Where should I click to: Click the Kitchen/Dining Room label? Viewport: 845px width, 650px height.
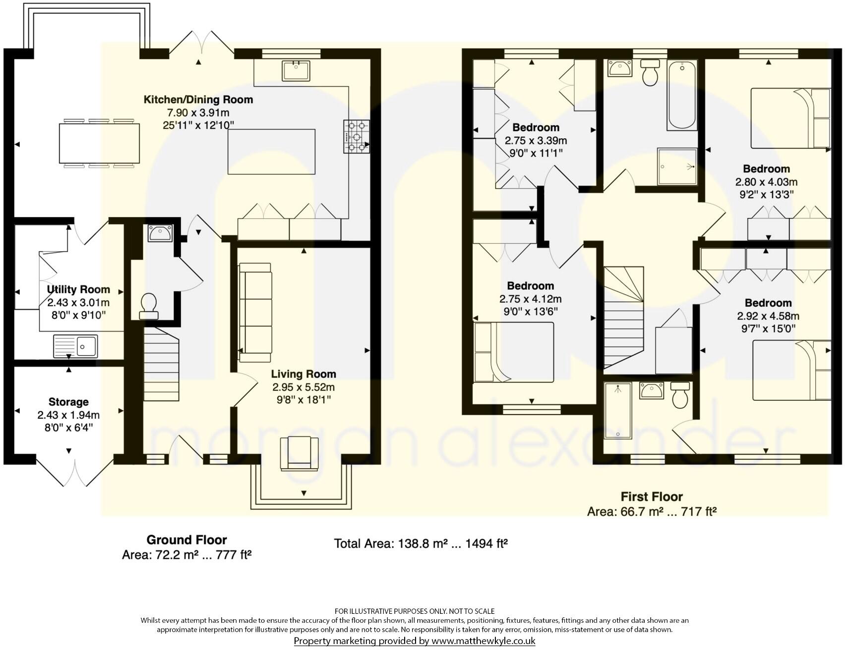[198, 100]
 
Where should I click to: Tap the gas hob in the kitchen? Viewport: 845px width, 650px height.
[356, 137]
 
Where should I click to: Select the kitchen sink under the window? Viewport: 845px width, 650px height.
[296, 70]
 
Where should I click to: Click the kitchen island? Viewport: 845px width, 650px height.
[272, 152]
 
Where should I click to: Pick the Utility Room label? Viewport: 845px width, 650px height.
[78, 289]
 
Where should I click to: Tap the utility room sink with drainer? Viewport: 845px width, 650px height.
[75, 346]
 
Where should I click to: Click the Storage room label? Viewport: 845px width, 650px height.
[68, 402]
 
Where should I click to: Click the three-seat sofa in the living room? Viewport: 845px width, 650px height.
[255, 313]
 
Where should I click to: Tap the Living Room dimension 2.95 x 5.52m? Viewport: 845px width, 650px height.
[303, 387]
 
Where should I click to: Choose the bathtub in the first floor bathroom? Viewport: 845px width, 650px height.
[682, 95]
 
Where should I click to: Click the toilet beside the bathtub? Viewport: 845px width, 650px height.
[650, 72]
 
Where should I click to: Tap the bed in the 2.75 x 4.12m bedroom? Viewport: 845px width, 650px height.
[514, 352]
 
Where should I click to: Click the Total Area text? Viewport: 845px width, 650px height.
[421, 543]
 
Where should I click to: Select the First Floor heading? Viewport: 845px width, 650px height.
[652, 496]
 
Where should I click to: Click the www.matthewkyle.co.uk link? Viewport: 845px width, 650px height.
[483, 641]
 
